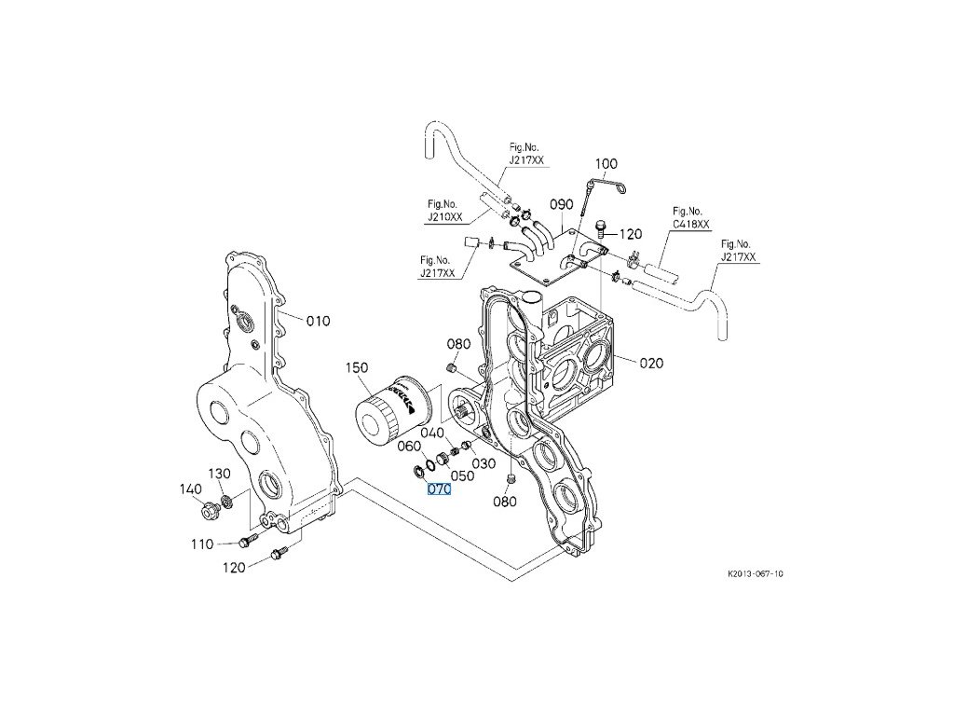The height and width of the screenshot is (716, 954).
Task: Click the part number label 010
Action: [318, 322]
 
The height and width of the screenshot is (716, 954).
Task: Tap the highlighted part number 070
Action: [439, 489]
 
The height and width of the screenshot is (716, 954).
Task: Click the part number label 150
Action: [359, 368]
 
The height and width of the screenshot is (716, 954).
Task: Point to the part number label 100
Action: [606, 164]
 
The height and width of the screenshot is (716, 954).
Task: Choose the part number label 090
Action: [561, 204]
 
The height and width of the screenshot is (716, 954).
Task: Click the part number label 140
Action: [191, 488]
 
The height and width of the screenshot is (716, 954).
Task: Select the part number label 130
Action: [219, 474]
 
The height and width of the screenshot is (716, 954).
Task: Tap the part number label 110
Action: [202, 544]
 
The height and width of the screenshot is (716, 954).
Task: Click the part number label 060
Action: [410, 447]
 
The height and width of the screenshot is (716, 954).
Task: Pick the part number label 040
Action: [430, 433]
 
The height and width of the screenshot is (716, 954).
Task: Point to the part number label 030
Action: [484, 463]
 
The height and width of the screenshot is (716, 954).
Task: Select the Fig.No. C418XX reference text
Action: [690, 218]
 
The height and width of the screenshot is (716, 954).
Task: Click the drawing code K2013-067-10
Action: [756, 574]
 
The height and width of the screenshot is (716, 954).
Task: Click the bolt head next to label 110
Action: [245, 540]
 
